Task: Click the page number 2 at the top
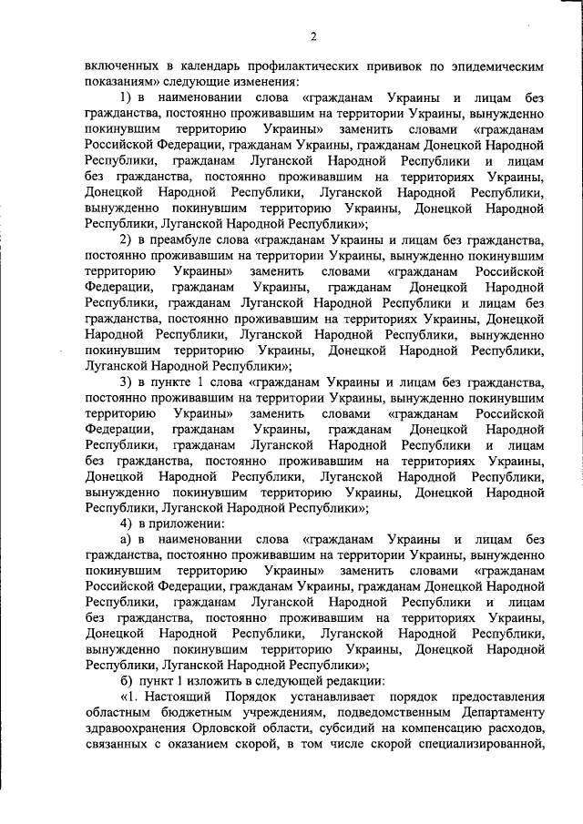point(312,36)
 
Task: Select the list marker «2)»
point(128,239)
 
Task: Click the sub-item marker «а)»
point(128,538)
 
